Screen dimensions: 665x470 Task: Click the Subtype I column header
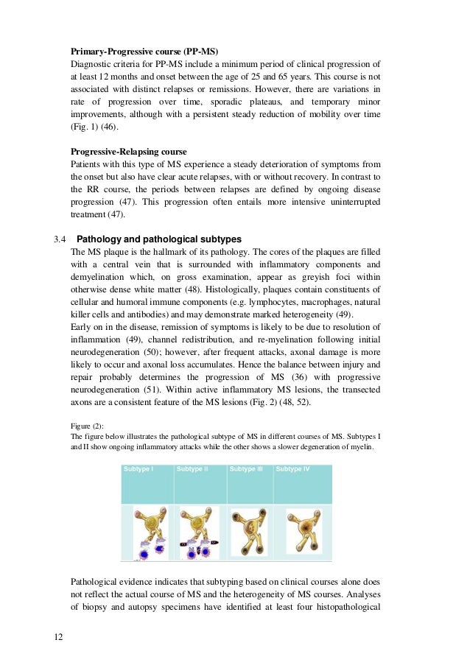138,468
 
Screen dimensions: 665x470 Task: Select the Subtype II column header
192,468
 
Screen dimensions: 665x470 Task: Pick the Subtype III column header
246,468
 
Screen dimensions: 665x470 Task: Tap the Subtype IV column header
292,468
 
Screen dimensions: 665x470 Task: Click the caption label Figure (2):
87,425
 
